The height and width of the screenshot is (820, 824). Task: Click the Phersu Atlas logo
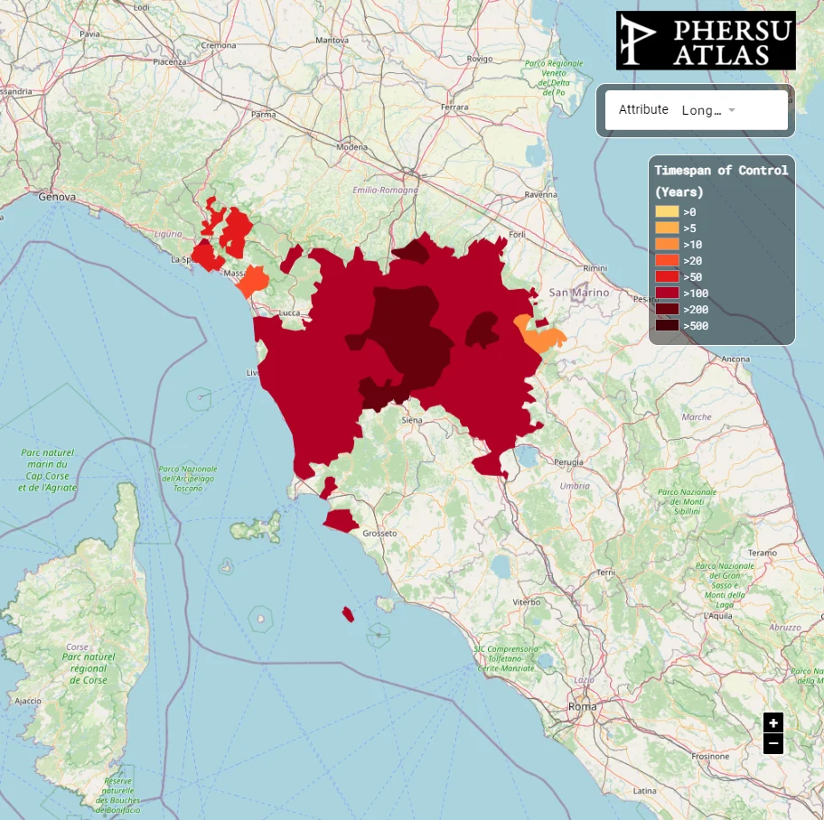click(705, 41)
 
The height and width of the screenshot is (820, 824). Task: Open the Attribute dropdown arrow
click(732, 110)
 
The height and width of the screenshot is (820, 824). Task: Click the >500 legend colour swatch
click(667, 325)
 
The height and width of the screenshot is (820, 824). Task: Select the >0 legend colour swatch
click(667, 211)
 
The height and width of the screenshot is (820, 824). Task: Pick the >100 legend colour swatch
click(667, 293)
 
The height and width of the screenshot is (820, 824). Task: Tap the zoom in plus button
click(772, 722)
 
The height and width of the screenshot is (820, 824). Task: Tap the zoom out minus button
click(772, 744)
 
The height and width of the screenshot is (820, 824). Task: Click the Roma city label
click(582, 706)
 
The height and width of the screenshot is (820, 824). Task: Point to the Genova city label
click(56, 196)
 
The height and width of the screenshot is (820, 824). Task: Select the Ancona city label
click(735, 359)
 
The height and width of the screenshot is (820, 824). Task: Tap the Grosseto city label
click(379, 534)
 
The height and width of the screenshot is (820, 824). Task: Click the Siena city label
click(412, 420)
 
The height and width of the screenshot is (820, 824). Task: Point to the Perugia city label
click(568, 461)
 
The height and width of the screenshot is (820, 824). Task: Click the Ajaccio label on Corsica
click(28, 700)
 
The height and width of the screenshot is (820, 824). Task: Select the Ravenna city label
click(541, 194)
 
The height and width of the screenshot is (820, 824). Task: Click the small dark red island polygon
click(348, 614)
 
